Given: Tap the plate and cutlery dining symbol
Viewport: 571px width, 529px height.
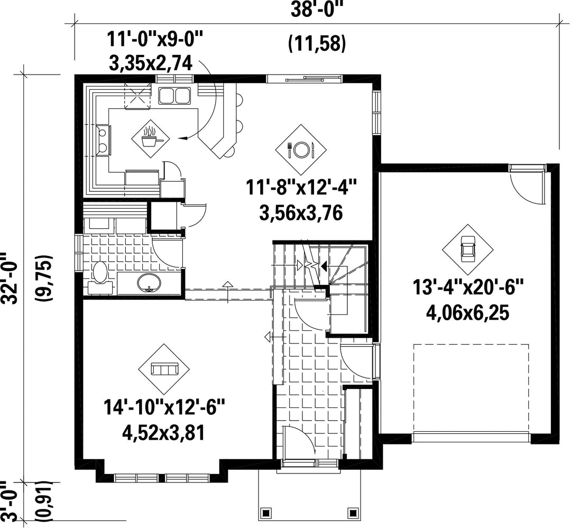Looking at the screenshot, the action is [301, 149].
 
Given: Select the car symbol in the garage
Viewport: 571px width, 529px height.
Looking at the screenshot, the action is [468, 249].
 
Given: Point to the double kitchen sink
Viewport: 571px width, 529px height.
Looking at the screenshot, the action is [174, 95].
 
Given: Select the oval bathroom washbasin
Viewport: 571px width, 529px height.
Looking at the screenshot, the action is [149, 283].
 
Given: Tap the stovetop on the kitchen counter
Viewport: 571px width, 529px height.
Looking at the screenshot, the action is [103, 140].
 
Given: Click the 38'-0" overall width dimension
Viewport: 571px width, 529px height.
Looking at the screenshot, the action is [317, 10].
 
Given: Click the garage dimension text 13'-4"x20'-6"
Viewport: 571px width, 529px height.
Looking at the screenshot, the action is [468, 287].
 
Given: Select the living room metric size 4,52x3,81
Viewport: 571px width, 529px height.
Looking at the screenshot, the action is [163, 433].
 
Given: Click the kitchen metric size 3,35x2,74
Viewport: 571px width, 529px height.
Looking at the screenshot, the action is [150, 64].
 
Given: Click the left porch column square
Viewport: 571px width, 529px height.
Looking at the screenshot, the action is [266, 513].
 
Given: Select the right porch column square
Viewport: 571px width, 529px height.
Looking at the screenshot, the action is [353, 513].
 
